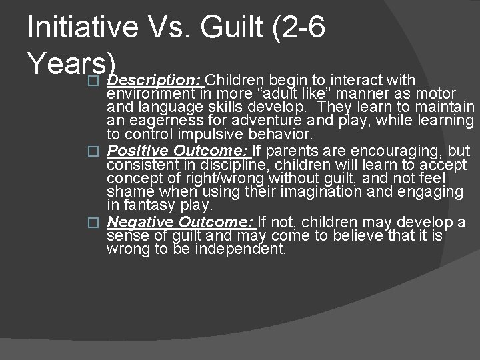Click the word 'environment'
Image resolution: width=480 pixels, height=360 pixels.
point(147,92)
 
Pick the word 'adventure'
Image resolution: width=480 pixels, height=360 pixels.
point(257,121)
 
